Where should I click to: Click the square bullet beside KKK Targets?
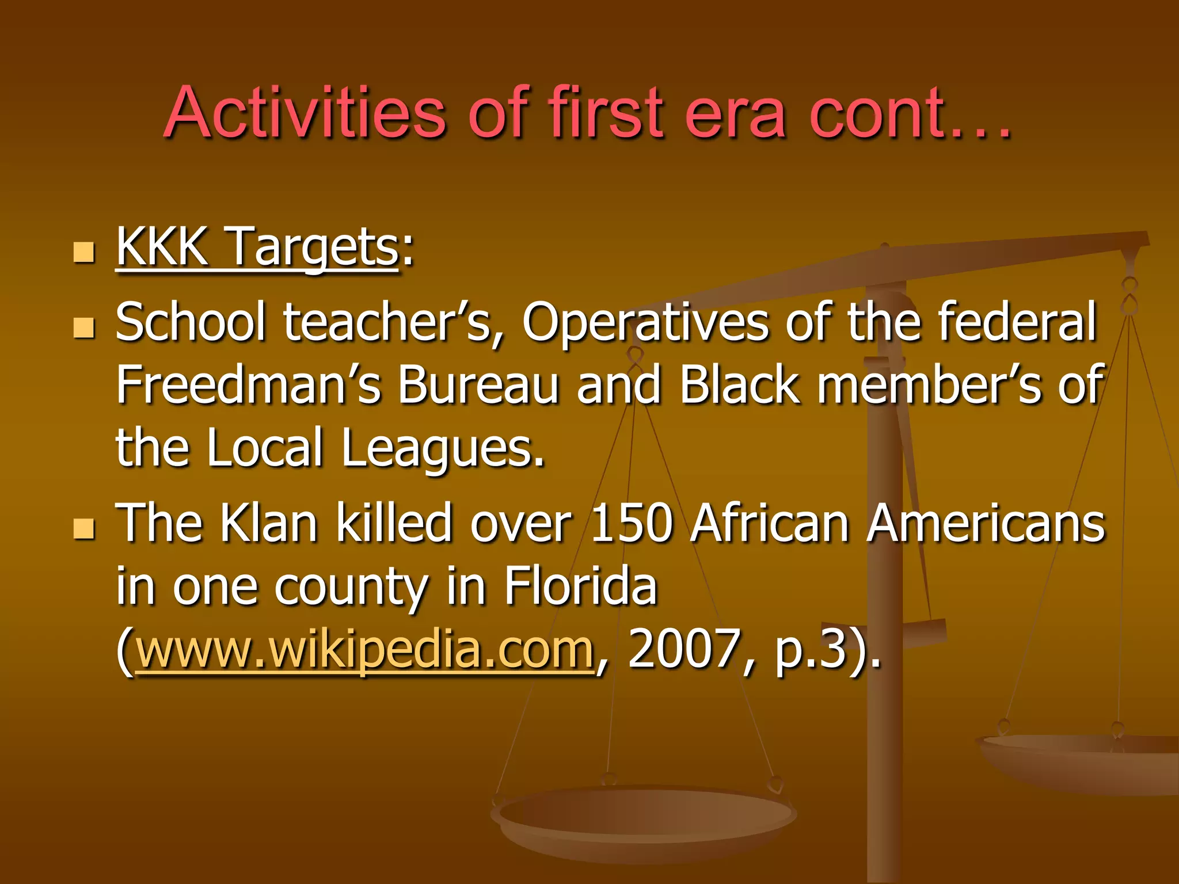click(84, 252)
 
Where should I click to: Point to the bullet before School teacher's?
click(84, 327)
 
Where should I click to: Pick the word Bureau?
click(478, 384)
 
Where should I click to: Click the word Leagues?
click(442, 449)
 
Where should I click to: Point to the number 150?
click(632, 524)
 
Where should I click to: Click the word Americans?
click(986, 524)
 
